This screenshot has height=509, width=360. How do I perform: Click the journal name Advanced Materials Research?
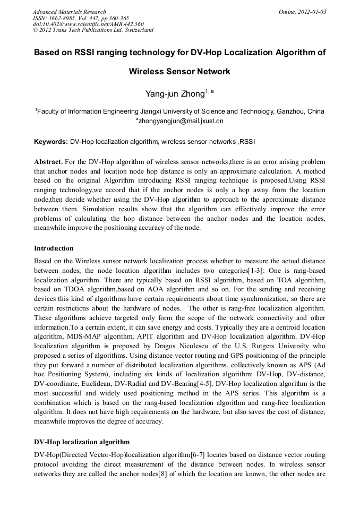coord(69,12)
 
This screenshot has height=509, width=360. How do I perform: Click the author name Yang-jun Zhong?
coord(175,94)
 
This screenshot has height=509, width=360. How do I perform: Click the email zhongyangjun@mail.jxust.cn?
coord(181,121)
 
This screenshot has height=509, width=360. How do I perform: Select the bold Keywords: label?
coord(51,142)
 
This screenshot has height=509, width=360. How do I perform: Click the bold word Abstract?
coord(48,161)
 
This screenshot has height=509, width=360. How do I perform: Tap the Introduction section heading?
coord(54,248)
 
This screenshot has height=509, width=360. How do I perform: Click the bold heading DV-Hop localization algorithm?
coord(81,442)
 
